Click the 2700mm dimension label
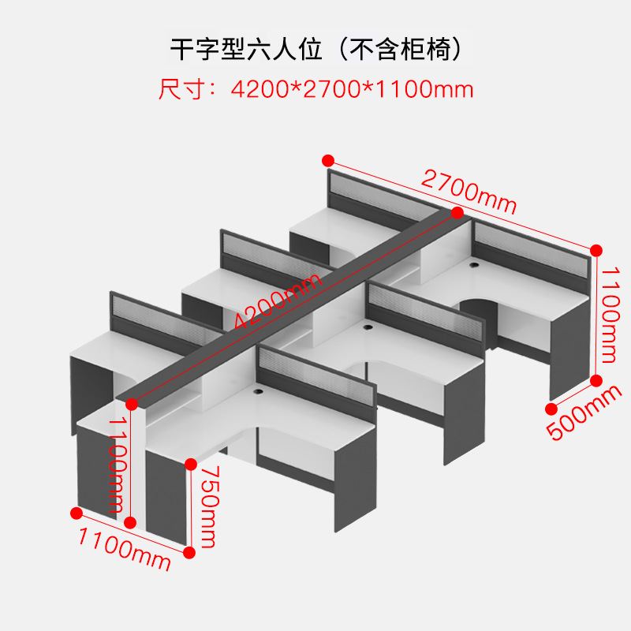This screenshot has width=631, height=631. point(469,192)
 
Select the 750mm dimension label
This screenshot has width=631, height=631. point(207,506)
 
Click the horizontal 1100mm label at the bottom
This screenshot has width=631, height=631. point(124,550)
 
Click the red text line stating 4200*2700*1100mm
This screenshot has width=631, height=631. point(351,89)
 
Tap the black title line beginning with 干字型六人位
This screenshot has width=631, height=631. point(315,49)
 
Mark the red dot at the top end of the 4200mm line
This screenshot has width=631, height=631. point(457,213)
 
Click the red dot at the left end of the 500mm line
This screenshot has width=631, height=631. point(550,408)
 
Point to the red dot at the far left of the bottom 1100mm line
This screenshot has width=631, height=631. point(76,513)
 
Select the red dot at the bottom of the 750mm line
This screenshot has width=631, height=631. point(189,552)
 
